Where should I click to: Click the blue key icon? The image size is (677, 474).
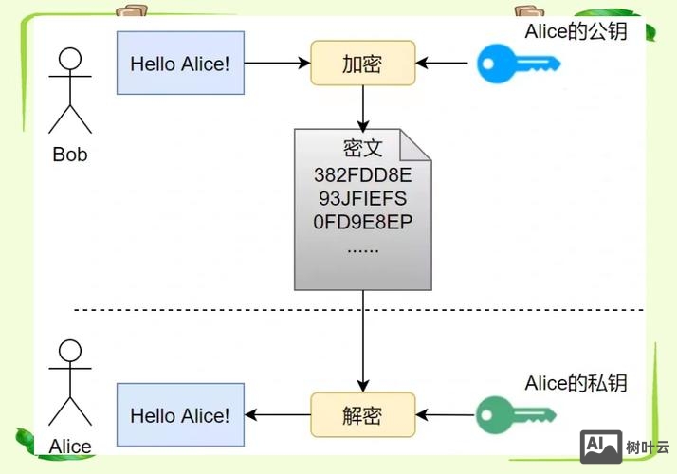(x=518, y=64)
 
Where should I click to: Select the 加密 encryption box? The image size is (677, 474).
(x=363, y=64)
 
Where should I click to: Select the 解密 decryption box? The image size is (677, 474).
(x=363, y=415)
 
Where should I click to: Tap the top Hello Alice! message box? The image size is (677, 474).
(x=180, y=64)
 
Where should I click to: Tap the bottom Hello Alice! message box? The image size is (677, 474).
(x=180, y=415)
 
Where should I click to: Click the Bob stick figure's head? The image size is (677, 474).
(x=70, y=60)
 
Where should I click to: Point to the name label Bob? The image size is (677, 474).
(x=70, y=154)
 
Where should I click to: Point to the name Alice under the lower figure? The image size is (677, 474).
(x=70, y=446)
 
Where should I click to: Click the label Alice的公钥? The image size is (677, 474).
(x=576, y=31)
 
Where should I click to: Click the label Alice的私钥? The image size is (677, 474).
(x=576, y=383)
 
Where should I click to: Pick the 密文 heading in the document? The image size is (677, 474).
(x=362, y=149)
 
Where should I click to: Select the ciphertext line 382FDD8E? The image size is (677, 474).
(x=362, y=175)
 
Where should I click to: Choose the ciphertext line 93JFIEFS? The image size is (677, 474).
(x=362, y=199)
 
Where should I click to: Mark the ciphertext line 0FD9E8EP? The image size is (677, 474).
(x=362, y=224)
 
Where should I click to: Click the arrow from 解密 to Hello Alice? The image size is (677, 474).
(x=278, y=415)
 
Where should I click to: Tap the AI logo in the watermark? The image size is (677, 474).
(x=599, y=445)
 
